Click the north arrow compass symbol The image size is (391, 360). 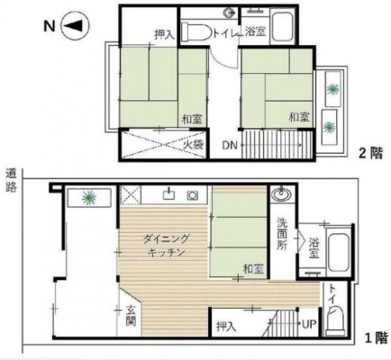(75, 26)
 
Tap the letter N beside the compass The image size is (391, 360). (50, 26)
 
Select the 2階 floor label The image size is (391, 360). (371, 154)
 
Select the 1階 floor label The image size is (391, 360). (376, 338)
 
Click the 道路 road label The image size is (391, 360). (11, 181)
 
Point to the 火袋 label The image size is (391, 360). (194, 145)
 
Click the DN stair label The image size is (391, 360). (230, 146)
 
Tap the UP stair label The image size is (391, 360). (309, 324)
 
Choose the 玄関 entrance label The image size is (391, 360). (132, 316)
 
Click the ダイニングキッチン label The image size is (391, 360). (166, 246)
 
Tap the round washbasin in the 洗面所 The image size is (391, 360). (281, 194)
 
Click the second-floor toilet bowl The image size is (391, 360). (196, 31)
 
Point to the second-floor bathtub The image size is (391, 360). (282, 26)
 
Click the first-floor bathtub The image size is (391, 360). (338, 251)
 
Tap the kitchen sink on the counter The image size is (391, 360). (168, 193)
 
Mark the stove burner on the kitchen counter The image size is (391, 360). (192, 196)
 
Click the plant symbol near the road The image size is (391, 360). (89, 197)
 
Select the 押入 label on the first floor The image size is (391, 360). (226, 327)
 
